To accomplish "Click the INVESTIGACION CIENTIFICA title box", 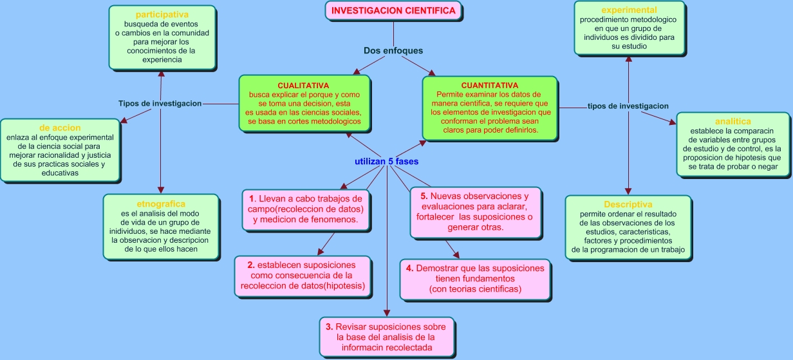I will click(x=393, y=10).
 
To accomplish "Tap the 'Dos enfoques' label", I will click(x=393, y=51).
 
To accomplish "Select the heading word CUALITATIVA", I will click(x=303, y=86).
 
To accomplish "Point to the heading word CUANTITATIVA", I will click(x=489, y=86).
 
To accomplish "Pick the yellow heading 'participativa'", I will click(x=162, y=14).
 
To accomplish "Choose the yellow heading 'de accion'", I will click(x=60, y=128).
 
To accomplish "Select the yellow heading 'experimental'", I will click(x=628, y=10).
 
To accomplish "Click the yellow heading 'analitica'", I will click(x=732, y=121).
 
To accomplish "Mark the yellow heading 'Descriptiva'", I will click(x=628, y=204).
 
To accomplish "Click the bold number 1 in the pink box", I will click(x=252, y=199).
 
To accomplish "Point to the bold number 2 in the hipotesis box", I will click(x=251, y=265).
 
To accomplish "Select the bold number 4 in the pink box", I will click(x=409, y=268).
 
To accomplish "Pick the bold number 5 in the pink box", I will click(x=424, y=196).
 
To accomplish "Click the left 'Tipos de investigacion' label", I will click(x=160, y=103).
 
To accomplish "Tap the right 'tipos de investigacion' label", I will click(x=628, y=106).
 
